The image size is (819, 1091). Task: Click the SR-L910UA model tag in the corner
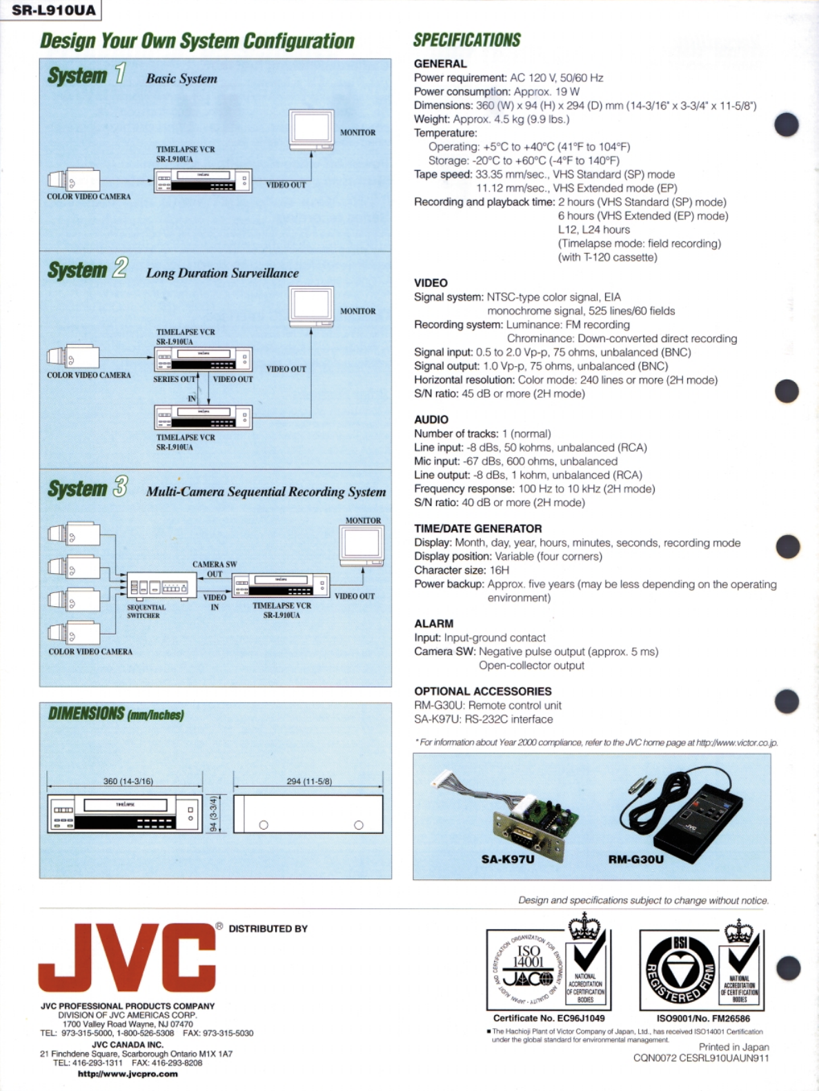pos(52,10)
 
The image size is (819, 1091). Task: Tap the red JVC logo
pos(127,957)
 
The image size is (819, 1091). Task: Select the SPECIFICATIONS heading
pos(466,41)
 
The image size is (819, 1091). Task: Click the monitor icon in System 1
pos(311,130)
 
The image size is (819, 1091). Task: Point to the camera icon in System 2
pos(73,357)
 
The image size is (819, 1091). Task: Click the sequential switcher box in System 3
pos(158,587)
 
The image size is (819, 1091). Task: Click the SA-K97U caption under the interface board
pos(507,859)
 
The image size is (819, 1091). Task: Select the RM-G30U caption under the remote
pos(635,859)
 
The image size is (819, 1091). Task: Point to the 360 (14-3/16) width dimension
pos(128,781)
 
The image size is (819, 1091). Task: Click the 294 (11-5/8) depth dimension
pos(308,781)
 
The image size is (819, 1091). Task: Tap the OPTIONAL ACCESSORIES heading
pos(482,691)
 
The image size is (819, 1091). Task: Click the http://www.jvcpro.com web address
pos(128,1074)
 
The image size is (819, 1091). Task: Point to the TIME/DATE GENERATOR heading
pos(477,528)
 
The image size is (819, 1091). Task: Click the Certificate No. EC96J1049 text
pos(549,1018)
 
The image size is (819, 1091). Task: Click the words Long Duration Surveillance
pos(222,273)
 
